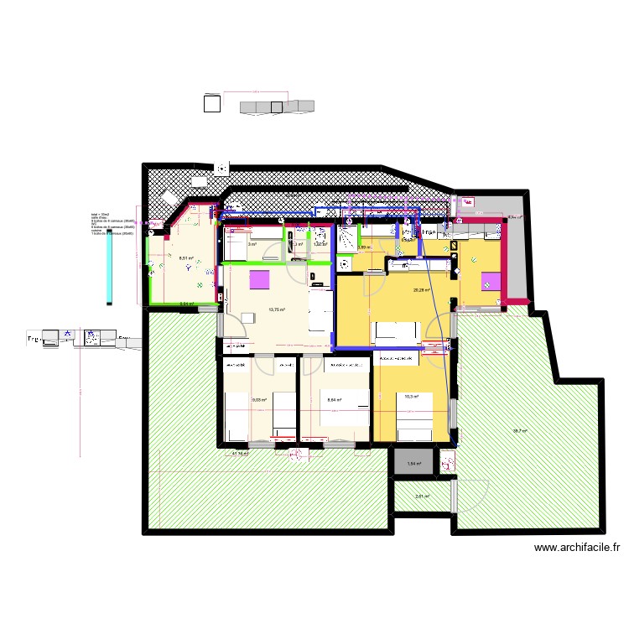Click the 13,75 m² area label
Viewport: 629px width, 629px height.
(276, 309)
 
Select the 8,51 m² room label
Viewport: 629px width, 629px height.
(185, 257)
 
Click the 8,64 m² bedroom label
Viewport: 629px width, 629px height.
(335, 400)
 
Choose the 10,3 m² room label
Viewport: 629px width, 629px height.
(411, 397)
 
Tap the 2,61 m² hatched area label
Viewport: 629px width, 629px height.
(422, 496)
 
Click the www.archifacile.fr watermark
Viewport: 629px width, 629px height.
(578, 547)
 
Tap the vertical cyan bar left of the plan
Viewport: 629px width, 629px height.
(110, 268)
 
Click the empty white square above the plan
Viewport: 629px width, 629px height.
(212, 102)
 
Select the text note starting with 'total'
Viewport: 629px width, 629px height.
(112, 224)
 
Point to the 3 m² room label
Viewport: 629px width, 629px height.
(252, 244)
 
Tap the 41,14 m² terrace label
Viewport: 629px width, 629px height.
(240, 454)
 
